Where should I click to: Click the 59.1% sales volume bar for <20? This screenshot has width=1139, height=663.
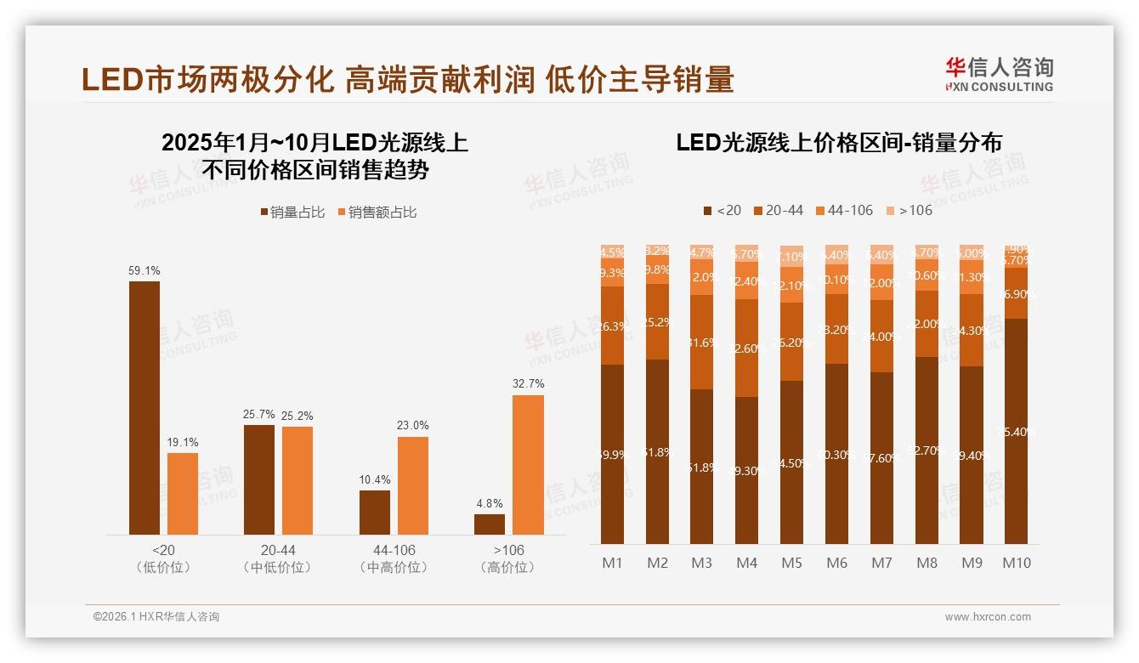(144, 407)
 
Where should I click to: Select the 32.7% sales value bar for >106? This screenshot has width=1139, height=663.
(528, 464)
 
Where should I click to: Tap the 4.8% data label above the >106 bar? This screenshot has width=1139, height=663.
(489, 503)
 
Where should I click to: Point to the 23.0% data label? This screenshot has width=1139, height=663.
(412, 425)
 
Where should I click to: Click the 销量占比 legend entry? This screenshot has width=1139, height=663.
(292, 212)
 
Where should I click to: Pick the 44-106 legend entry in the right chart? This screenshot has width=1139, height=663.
(844, 210)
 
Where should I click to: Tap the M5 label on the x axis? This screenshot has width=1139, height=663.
(791, 563)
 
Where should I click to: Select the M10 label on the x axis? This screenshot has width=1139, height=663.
(1016, 563)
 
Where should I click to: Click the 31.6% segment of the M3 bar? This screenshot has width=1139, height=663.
(701, 343)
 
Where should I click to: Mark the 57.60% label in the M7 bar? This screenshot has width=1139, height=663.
(881, 457)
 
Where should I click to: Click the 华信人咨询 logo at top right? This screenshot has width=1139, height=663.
(999, 74)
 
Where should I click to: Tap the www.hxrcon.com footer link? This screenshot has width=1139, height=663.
(988, 617)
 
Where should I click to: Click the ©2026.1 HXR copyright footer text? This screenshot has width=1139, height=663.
(156, 617)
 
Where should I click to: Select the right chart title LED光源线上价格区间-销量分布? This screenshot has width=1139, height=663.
(839, 143)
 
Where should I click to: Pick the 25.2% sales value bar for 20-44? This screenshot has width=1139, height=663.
(297, 480)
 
